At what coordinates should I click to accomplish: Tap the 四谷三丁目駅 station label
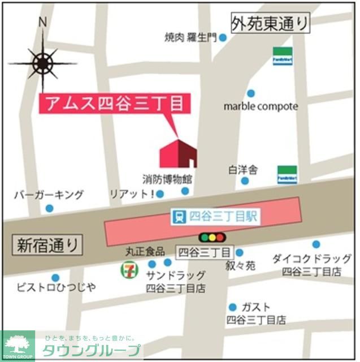[215, 216]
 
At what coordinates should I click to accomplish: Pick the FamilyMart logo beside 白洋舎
[285, 175]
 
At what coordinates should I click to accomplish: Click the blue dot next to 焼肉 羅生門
[223, 38]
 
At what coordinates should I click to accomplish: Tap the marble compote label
[261, 106]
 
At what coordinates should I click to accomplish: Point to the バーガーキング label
[49, 195]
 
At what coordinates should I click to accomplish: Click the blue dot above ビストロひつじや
[55, 278]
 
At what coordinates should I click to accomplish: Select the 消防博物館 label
[167, 179]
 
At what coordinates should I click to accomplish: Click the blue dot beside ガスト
[232, 307]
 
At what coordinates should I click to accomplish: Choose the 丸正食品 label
[145, 251]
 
